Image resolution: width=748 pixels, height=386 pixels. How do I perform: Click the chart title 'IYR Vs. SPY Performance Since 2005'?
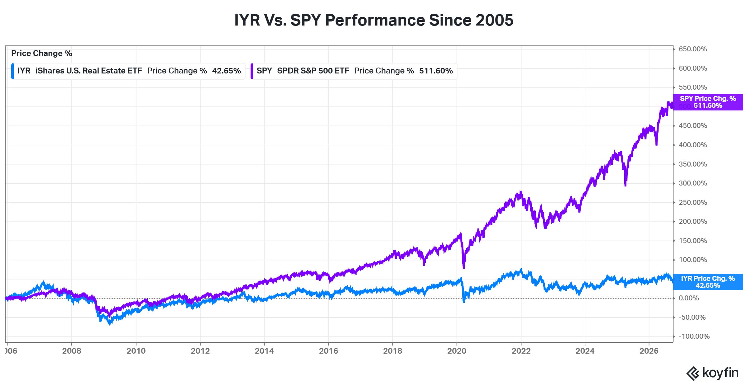tap(374, 20)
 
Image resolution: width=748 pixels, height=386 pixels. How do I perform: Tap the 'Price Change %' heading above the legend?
tap(42, 53)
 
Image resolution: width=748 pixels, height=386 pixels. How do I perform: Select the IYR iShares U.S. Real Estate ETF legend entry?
tap(128, 71)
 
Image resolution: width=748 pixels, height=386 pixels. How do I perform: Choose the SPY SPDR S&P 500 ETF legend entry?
tap(354, 71)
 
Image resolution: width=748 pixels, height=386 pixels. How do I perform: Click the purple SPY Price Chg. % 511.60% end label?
tap(708, 102)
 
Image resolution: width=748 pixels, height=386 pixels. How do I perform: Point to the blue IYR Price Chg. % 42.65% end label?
tap(708, 282)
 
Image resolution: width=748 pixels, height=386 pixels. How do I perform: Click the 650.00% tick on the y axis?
tap(693, 49)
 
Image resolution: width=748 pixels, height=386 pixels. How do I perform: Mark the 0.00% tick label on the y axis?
tap(689, 298)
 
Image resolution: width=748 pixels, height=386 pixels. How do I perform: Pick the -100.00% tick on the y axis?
tap(694, 337)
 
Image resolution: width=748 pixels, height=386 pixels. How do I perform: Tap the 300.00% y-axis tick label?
tap(693, 183)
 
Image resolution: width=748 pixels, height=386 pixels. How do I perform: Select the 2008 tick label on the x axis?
tap(72, 351)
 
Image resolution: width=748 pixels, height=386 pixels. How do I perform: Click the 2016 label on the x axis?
tap(328, 351)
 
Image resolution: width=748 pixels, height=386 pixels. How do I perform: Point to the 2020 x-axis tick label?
tap(457, 351)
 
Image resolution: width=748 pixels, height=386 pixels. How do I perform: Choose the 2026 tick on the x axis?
tap(649, 351)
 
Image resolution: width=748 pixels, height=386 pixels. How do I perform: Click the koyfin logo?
tap(712, 373)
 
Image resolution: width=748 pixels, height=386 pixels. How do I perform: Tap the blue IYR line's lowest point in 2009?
tap(109, 324)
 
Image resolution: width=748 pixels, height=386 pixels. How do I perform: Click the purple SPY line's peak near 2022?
tap(521, 191)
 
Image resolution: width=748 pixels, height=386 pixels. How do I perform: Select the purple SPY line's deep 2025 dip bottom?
tap(626, 186)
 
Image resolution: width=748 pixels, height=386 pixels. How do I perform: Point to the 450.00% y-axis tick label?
tap(693, 126)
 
